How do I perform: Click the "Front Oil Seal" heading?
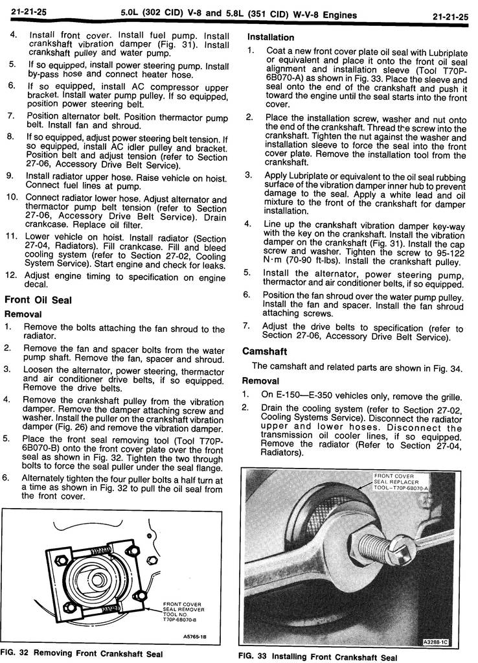click(38, 300)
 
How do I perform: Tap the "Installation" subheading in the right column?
click(271, 37)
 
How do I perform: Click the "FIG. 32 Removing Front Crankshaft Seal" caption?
click(82, 653)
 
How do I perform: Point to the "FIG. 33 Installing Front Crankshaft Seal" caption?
click(317, 657)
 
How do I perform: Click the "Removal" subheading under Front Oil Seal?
click(24, 314)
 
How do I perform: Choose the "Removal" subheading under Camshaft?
click(261, 381)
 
